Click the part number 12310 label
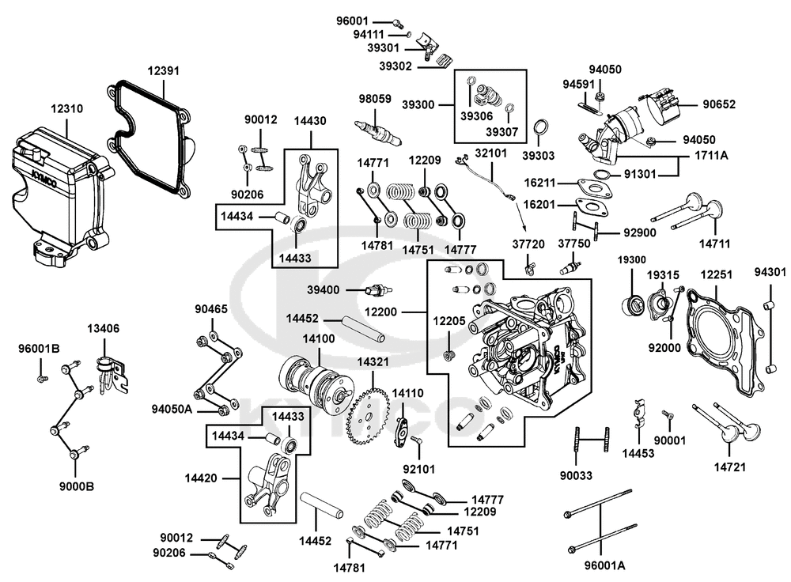[x=66, y=109]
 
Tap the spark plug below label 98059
[x=378, y=131]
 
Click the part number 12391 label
[x=164, y=71]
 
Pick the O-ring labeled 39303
[x=541, y=128]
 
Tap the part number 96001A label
[x=604, y=565]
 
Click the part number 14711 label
[x=714, y=244]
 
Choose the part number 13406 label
[x=103, y=329]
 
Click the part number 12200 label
[x=380, y=312]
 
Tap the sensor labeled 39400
[x=377, y=291]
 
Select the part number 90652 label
[x=719, y=104]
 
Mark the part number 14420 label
[x=201, y=478]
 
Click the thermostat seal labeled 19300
[x=631, y=305]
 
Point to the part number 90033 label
[x=576, y=475]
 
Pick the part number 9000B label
[x=77, y=487]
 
